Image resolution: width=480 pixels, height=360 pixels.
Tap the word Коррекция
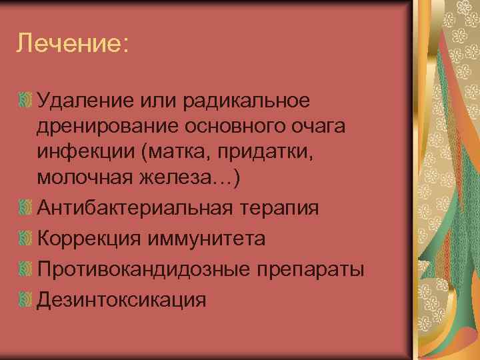(x=89, y=238)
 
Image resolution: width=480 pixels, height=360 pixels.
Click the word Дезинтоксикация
(x=121, y=299)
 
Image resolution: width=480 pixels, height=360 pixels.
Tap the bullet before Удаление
(x=25, y=101)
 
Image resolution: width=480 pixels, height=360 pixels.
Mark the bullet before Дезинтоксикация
(x=25, y=299)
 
